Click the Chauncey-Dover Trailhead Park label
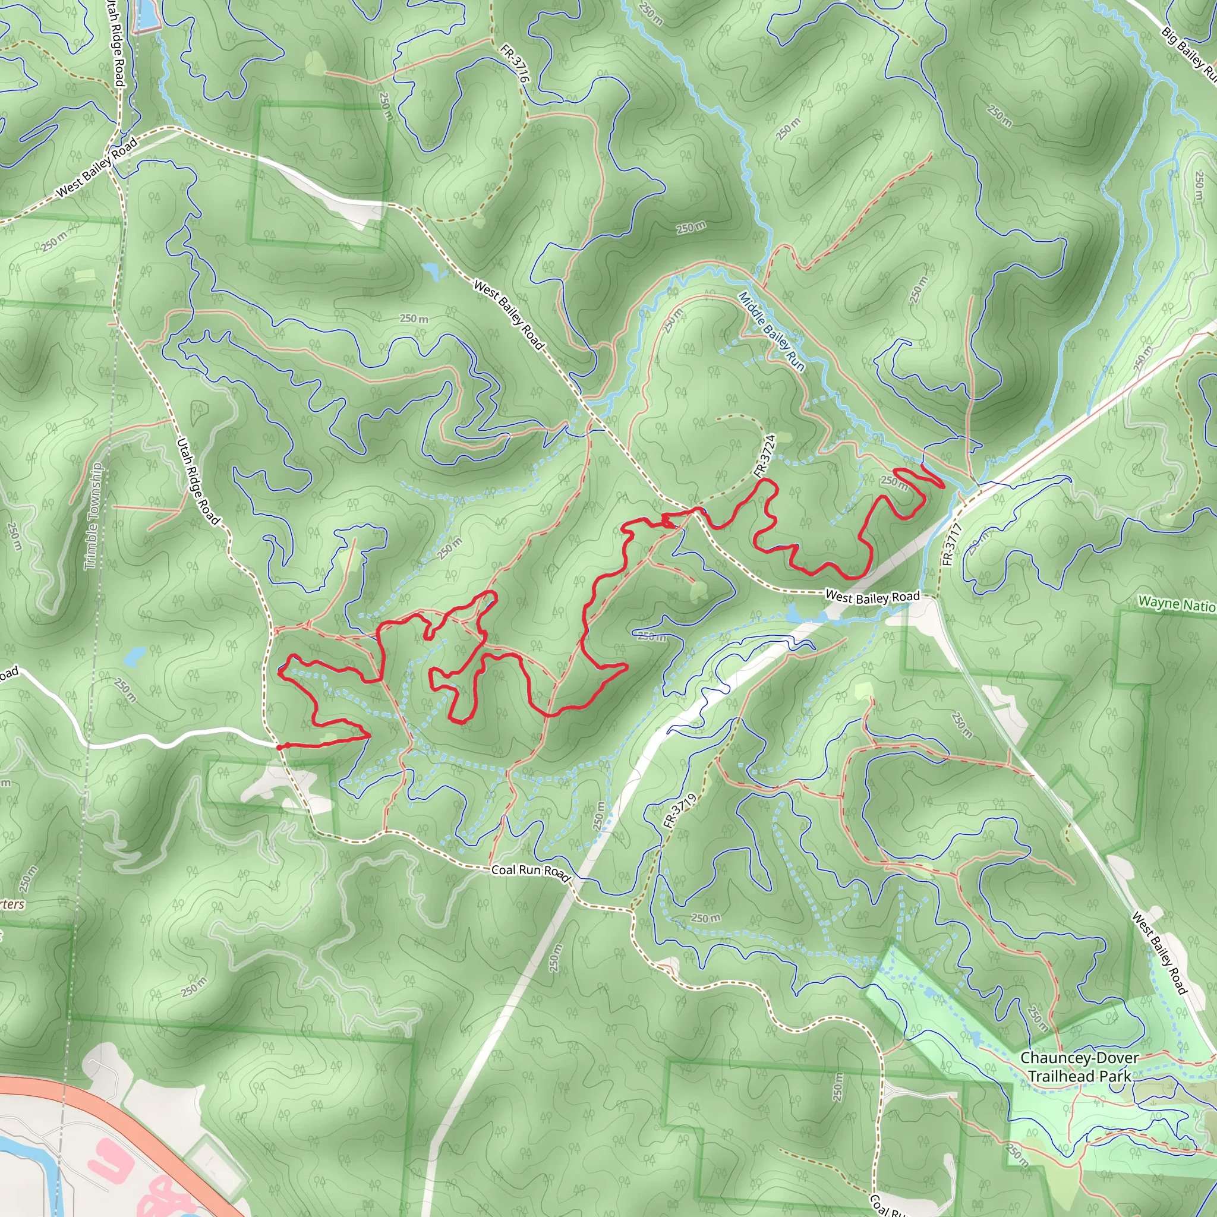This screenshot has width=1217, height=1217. click(1079, 1067)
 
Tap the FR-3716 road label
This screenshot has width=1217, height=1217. click(514, 64)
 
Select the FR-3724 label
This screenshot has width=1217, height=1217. click(765, 455)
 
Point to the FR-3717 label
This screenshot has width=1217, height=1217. click(951, 544)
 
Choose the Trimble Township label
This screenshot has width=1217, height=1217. click(93, 516)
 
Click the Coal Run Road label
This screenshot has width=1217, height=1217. click(531, 872)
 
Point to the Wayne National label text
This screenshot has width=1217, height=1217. click(1177, 604)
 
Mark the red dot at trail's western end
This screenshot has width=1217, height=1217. click(279, 747)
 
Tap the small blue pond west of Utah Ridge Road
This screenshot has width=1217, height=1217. click(134, 658)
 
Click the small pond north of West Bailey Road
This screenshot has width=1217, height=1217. click(433, 272)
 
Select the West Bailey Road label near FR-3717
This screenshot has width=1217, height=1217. click(872, 597)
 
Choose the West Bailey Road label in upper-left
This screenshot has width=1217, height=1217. click(96, 168)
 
